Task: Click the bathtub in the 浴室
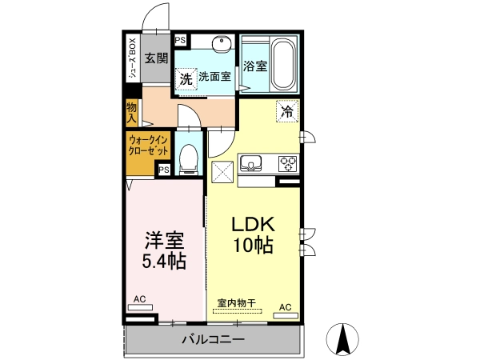[x=284, y=64]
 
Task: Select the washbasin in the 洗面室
[x=222, y=43]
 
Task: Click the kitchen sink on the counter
[x=250, y=163]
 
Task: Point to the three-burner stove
[x=288, y=164]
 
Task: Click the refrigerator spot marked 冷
[x=287, y=111]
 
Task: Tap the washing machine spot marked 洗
[x=186, y=79]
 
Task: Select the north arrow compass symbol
[x=342, y=339]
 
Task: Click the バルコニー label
[x=214, y=339]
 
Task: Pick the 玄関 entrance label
[x=157, y=58]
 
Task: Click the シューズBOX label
[x=133, y=58]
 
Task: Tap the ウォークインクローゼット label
[x=149, y=146]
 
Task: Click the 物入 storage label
[x=132, y=112]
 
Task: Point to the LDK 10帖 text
[x=254, y=235]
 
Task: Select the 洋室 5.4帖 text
[x=164, y=250]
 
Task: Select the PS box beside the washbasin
[x=180, y=40]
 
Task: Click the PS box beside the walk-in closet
[x=164, y=170]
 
